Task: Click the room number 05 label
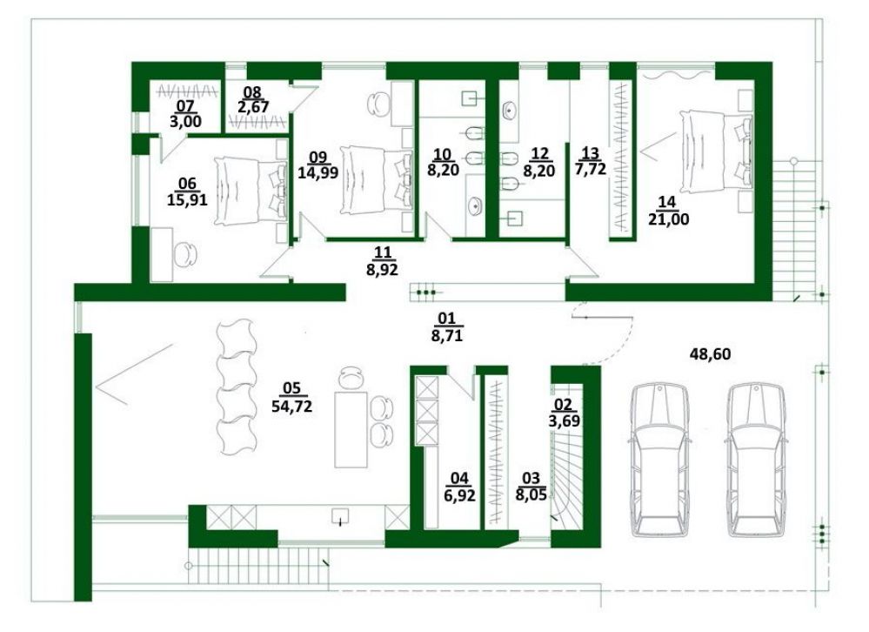(291, 388)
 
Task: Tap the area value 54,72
(291, 406)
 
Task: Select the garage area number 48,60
(710, 353)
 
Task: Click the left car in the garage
(659, 459)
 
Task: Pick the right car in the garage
(756, 459)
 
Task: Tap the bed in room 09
(377, 179)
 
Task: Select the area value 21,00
(668, 219)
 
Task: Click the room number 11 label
(383, 252)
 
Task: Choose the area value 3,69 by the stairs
(565, 420)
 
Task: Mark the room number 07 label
(185, 104)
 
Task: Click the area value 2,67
(253, 106)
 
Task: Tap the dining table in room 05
(351, 429)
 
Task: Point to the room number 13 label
(591, 151)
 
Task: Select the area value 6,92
(459, 495)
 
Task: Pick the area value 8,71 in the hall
(447, 335)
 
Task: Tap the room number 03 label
(531, 477)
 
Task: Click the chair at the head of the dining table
(351, 378)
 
